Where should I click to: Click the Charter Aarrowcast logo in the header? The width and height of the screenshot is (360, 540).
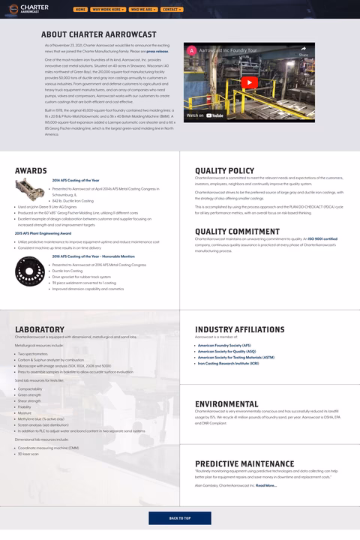tap(34, 9)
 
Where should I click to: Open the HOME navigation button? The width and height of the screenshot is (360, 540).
tap(80, 10)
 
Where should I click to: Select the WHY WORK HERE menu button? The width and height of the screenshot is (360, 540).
tap(108, 10)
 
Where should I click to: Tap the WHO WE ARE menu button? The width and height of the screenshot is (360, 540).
tap(142, 10)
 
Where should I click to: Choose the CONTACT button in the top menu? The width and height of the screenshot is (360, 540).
tap(171, 10)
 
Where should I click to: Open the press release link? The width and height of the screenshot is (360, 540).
tap(157, 51)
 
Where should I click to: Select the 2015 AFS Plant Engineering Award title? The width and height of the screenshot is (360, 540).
tap(43, 233)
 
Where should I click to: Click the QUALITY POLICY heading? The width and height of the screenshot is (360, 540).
tap(224, 171)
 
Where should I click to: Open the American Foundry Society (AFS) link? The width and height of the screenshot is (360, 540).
tap(224, 346)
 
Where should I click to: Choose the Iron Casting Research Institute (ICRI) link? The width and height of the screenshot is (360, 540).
tap(228, 364)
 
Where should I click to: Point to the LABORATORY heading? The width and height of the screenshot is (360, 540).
tap(40, 329)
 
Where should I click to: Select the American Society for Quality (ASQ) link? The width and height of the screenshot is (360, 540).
tap(226, 352)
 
